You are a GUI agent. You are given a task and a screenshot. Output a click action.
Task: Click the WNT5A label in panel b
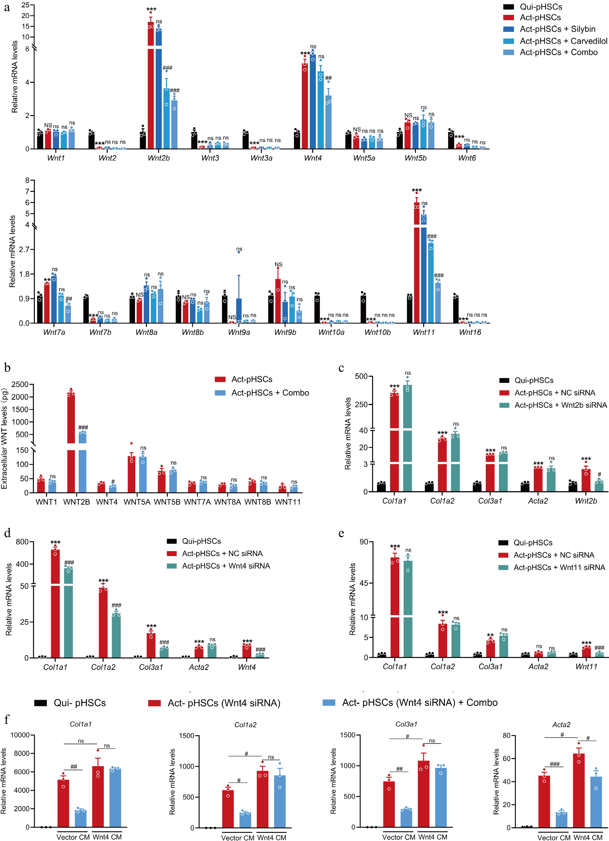pyautogui.click(x=137, y=502)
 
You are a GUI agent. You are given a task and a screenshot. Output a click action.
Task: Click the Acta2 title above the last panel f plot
pyautogui.click(x=561, y=725)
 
